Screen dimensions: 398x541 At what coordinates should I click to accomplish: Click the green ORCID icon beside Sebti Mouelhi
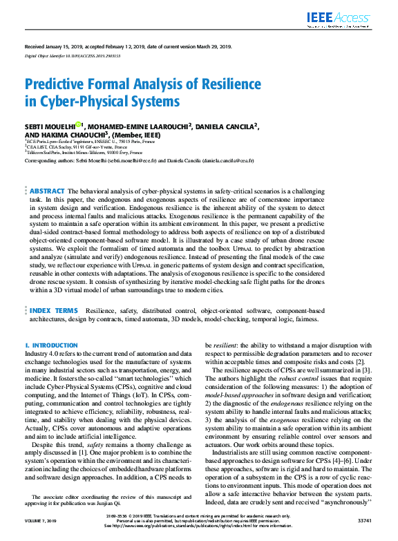(79, 125)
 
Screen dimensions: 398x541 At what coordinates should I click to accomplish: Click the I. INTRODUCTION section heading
(51, 345)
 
